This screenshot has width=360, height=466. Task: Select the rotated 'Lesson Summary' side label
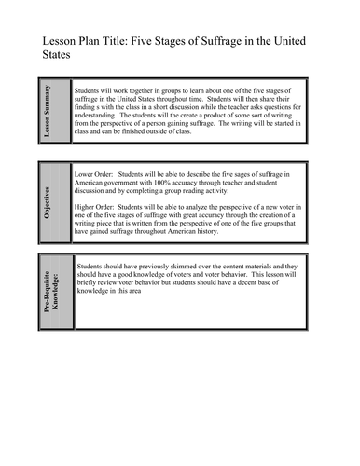pos(48,110)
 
